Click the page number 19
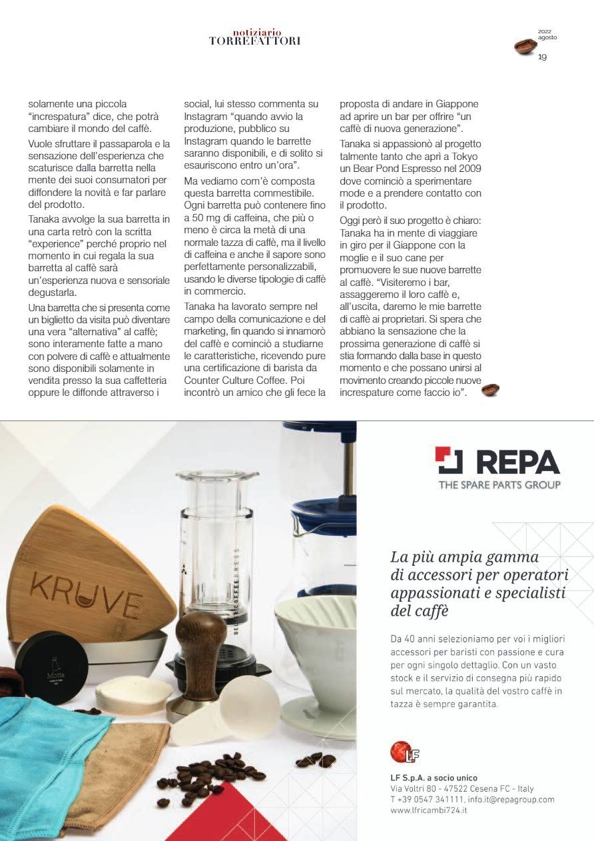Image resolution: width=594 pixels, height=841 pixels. pos(542,57)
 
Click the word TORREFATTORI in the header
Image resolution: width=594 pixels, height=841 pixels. pos(254,41)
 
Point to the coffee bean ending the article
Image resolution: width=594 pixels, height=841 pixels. pos(490,390)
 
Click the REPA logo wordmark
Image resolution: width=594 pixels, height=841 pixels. pos(497,461)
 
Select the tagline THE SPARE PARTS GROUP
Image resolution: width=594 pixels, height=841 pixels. pos(499,484)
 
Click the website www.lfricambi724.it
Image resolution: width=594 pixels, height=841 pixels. pos(428,810)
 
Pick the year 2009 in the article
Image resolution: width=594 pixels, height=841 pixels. pos(467,169)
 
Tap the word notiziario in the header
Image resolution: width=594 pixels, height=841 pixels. pos(257,32)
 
